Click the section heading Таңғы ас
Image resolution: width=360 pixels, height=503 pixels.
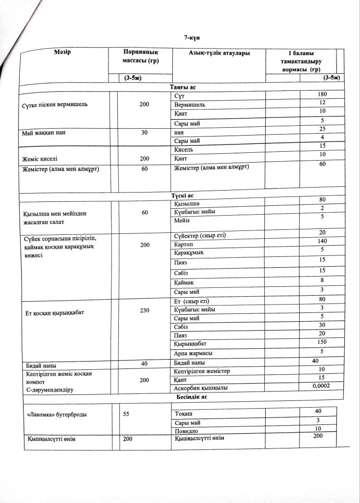[179, 87]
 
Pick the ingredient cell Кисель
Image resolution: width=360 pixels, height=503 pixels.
[184, 149]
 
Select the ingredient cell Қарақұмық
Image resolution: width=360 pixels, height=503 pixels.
[189, 252]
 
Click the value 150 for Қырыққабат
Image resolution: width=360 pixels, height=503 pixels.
[322, 341]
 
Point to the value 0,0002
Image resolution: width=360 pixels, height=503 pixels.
[321, 387]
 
